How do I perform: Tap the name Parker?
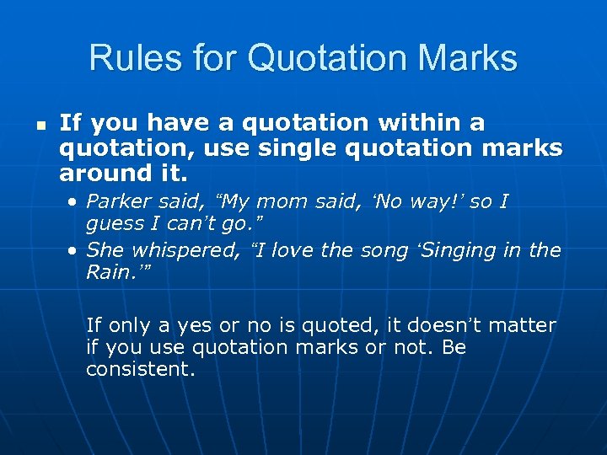(x=118, y=202)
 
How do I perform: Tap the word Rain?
(x=109, y=272)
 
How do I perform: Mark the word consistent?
(x=140, y=369)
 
